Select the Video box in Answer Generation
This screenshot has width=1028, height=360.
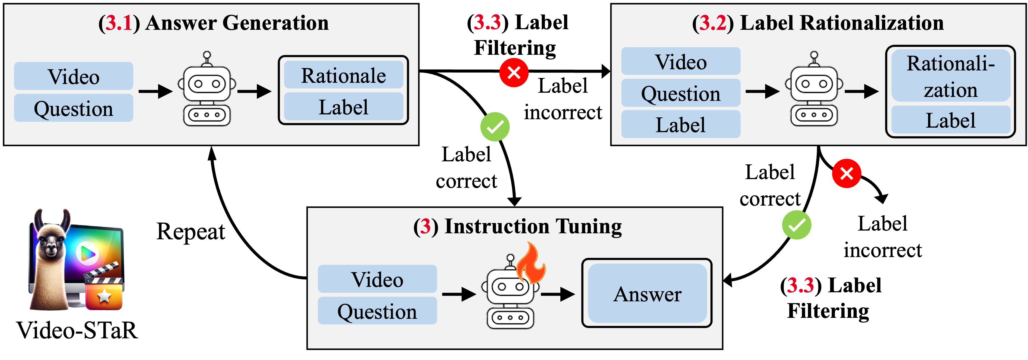[73, 76]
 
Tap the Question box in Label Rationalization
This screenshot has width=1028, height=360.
[681, 93]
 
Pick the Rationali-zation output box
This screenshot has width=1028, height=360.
[950, 76]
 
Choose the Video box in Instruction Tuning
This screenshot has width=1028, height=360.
[377, 279]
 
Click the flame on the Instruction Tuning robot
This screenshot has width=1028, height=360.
[531, 263]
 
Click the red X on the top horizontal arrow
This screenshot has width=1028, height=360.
[514, 73]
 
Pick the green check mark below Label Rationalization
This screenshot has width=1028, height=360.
[796, 225]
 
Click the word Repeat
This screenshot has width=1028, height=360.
[191, 231]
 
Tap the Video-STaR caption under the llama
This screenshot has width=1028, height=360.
[77, 331]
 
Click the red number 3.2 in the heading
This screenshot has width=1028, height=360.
[712, 23]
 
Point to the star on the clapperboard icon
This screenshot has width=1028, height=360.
[104, 296]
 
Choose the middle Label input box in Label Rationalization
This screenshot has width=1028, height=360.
[681, 125]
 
